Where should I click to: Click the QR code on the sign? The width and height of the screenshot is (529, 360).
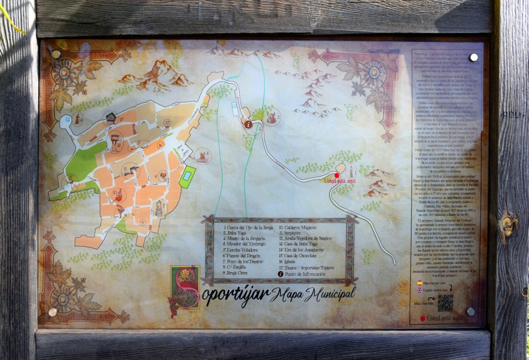pos(445,303)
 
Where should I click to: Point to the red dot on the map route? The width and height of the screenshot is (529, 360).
pos(337,175)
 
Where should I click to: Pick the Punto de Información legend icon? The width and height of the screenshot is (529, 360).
pos(282,274)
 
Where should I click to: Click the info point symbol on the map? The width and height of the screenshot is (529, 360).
pos(248,124)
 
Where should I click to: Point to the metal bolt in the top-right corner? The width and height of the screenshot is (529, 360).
pos(473,57)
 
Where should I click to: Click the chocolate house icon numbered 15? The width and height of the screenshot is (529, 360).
pos(110,118)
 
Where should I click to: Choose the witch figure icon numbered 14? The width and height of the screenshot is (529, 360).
pos(77,119)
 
